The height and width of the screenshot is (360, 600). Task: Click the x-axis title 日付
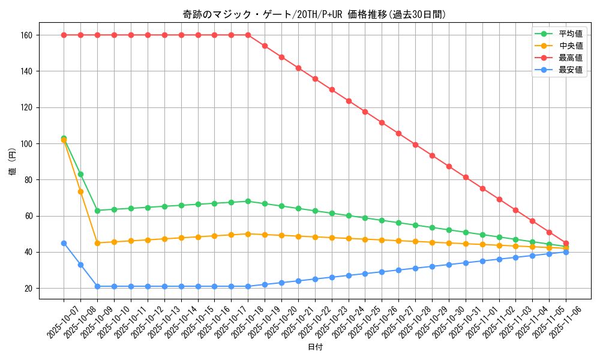point(315,347)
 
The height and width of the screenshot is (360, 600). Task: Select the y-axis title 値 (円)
point(13,161)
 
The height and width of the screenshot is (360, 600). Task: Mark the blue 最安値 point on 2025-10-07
point(64,243)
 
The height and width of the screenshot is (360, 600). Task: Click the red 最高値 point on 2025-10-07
point(64,35)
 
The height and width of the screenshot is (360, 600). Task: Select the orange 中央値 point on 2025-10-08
point(80,191)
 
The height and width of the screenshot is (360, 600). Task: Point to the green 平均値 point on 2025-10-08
point(80,174)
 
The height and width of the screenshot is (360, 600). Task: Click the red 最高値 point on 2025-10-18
point(248,35)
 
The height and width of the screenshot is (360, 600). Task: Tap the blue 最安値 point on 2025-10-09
point(97,286)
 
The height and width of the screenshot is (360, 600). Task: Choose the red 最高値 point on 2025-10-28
point(415,145)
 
